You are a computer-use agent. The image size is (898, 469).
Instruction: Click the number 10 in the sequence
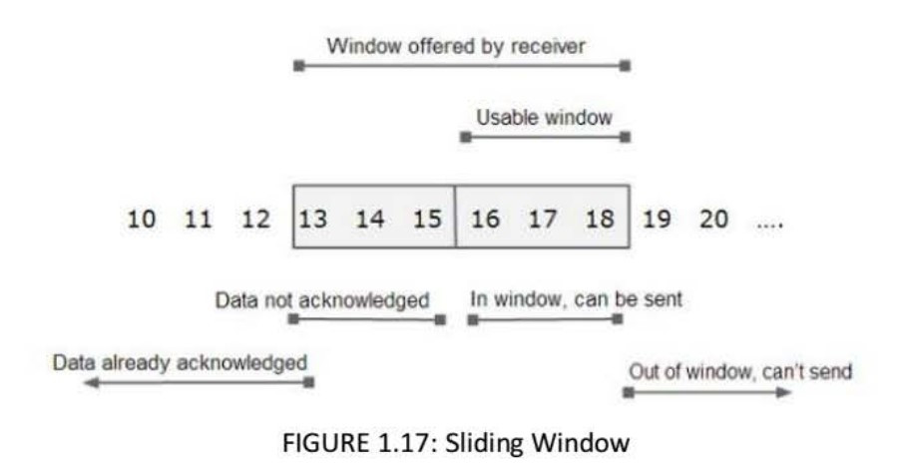[x=142, y=219]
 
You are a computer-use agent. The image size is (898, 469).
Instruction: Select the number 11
[x=199, y=219]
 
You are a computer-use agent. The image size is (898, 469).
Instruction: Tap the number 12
[x=255, y=219]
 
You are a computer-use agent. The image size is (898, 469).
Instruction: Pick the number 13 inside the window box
[x=313, y=219]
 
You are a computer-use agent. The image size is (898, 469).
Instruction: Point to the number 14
[x=370, y=219]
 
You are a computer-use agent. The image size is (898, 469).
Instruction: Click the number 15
[x=427, y=219]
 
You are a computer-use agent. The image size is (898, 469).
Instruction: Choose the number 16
[x=485, y=219]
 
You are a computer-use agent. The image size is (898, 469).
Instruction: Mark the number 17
[x=542, y=219]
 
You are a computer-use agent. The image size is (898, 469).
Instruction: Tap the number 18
[x=600, y=219]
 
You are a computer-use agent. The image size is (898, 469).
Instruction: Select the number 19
[x=657, y=219]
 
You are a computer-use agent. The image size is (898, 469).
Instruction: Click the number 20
[x=713, y=219]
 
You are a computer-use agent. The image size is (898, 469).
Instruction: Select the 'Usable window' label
[x=544, y=118]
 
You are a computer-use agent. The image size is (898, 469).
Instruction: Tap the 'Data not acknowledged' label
[x=321, y=299]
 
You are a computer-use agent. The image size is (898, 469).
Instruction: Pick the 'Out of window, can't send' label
[x=740, y=372]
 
